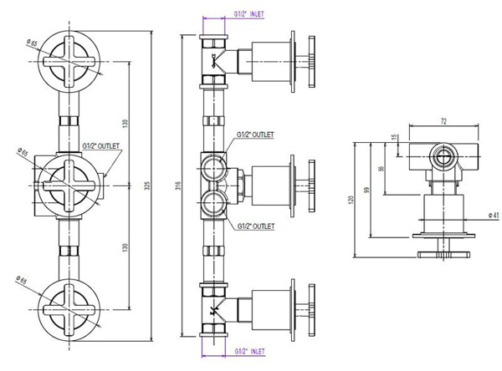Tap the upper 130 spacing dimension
click(x=124, y=123)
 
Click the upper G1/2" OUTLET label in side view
click(x=256, y=135)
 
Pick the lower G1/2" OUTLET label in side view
click(x=256, y=226)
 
